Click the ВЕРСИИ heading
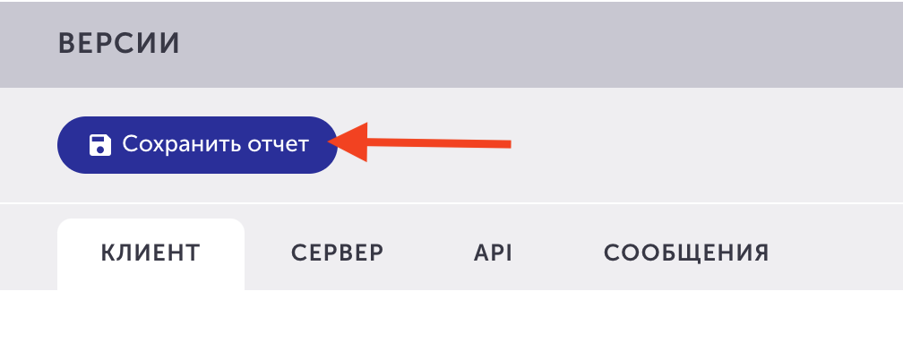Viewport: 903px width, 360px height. point(119,44)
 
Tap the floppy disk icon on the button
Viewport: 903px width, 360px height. point(100,145)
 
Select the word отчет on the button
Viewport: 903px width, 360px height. point(278,145)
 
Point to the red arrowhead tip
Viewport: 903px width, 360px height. point(327,141)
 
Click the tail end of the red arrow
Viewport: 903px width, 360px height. point(511,144)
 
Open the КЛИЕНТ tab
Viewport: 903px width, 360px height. point(150,253)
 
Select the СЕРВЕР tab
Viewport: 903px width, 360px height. point(338,253)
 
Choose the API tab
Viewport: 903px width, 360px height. point(493,253)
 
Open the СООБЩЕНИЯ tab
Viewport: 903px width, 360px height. point(686,253)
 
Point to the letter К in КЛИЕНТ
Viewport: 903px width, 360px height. point(109,253)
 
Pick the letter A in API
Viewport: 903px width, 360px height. point(483,253)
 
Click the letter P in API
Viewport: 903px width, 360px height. point(500,253)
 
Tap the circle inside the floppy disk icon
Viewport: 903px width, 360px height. point(100,150)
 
